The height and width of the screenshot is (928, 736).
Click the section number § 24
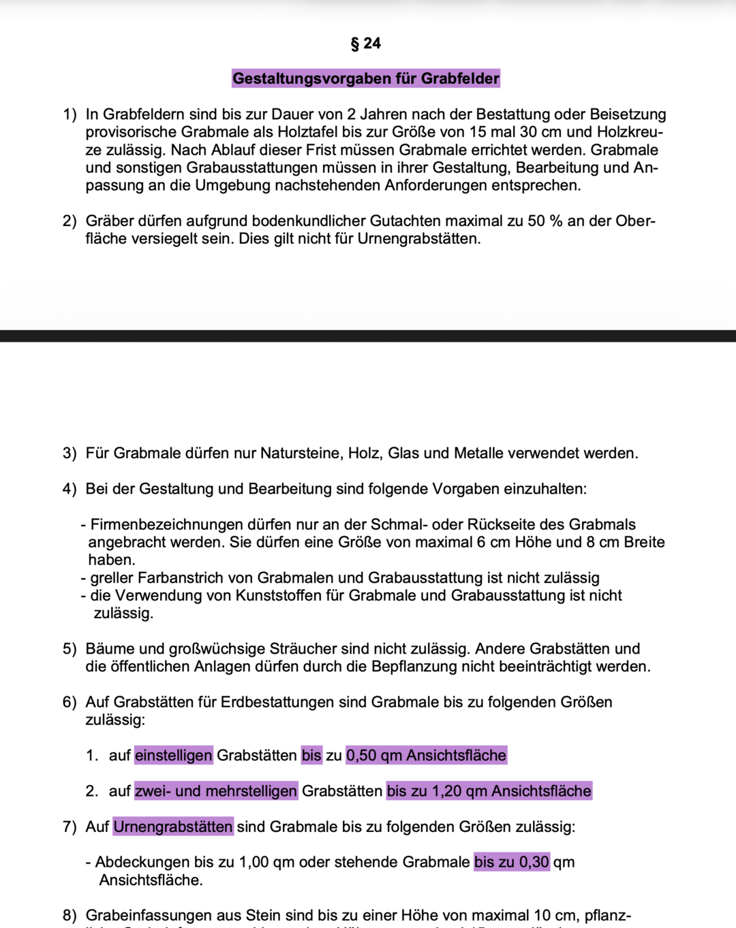366,44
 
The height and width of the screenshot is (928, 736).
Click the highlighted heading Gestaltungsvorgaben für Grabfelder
366,78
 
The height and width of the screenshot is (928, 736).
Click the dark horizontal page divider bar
368,336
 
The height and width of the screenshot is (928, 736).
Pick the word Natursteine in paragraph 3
300,453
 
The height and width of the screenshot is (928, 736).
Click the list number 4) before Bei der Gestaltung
70,489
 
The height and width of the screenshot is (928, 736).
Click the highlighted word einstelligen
174,755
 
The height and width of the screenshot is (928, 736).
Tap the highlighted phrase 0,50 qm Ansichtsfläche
426,755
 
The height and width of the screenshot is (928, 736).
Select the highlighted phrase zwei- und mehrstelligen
216,791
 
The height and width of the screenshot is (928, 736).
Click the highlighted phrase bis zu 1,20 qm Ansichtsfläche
489,791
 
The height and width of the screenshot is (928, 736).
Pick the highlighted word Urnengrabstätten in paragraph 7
173,827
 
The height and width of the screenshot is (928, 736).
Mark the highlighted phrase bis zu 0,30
512,862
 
